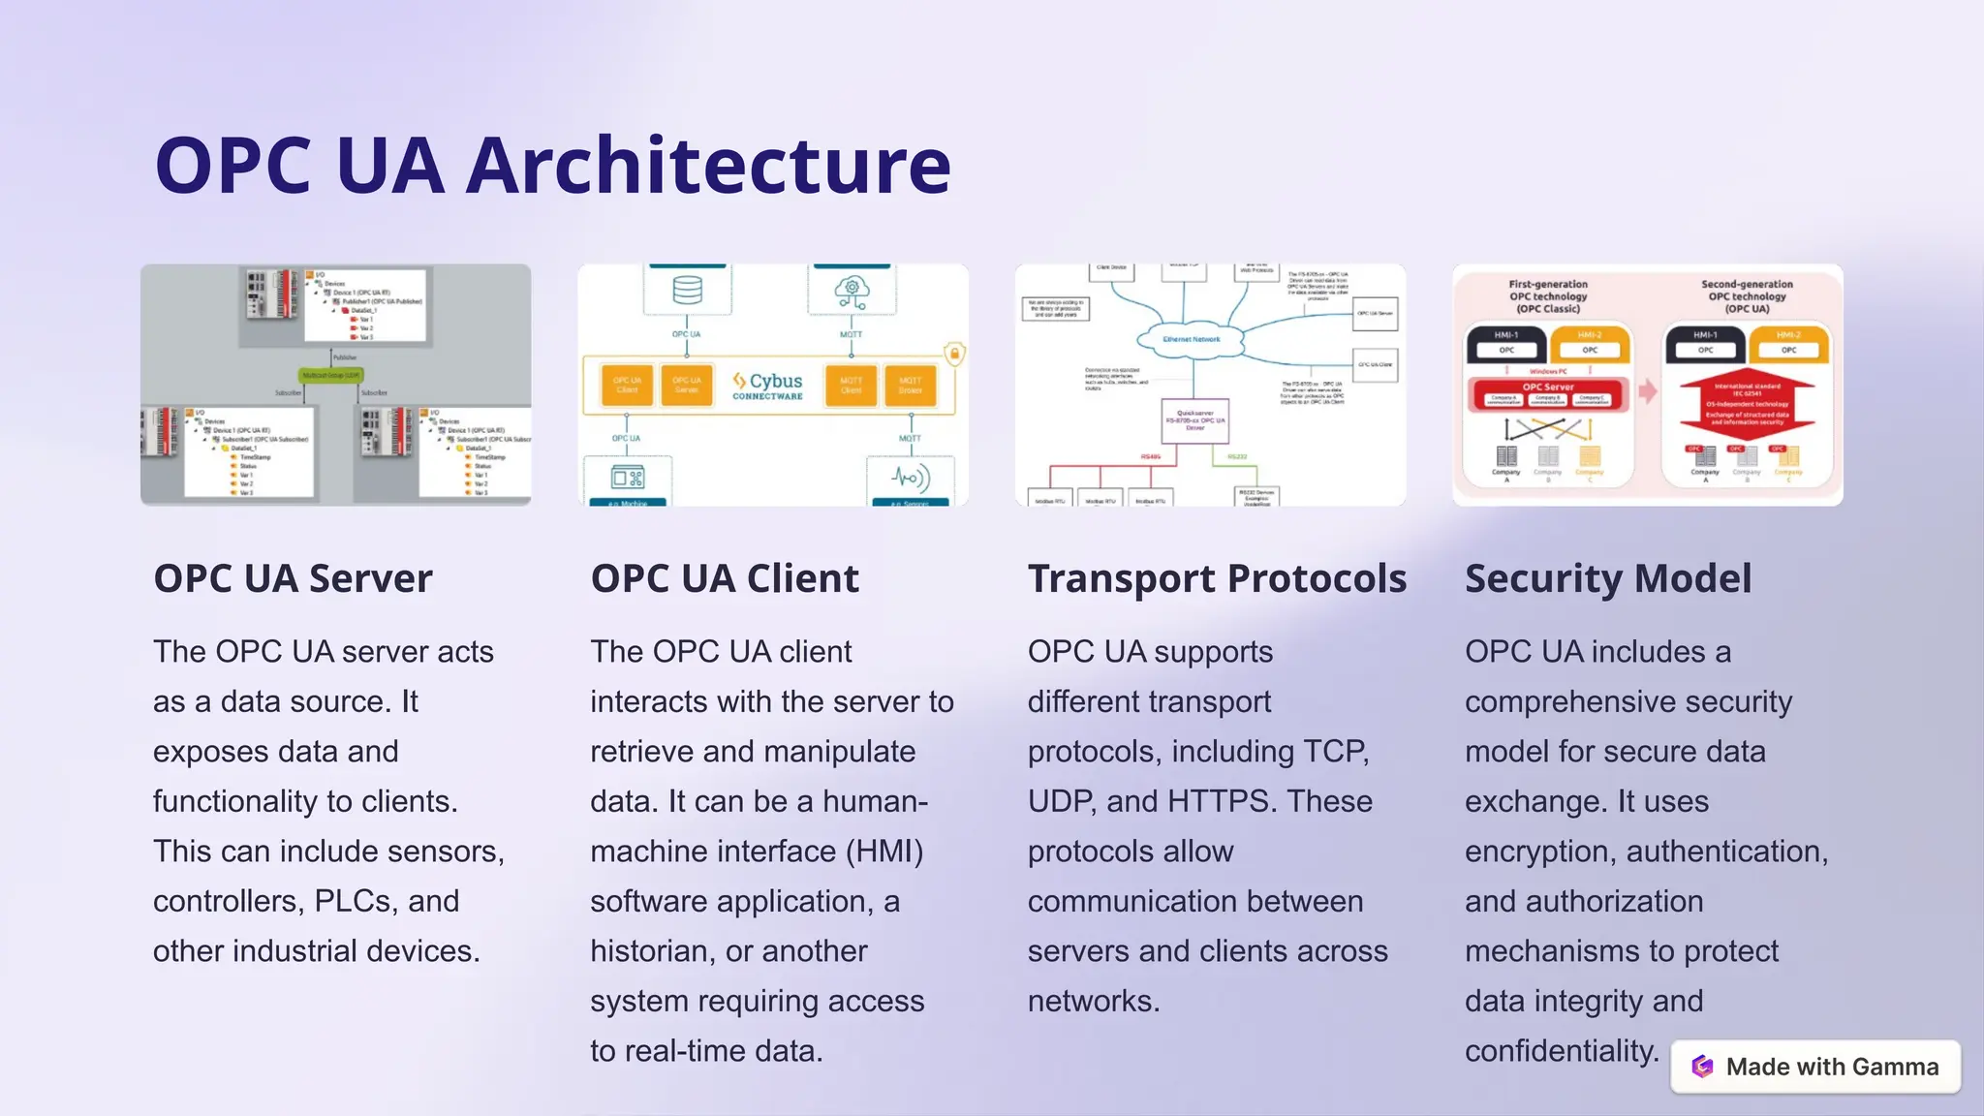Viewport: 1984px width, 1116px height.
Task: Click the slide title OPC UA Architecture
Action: (552, 166)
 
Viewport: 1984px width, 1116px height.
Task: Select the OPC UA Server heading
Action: (293, 579)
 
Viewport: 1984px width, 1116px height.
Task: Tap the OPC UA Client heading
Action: (725, 579)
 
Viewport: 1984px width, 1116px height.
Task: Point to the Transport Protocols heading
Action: (1217, 579)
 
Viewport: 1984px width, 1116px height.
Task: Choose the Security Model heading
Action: (1608, 579)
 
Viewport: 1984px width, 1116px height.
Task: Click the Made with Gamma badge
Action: (1815, 1067)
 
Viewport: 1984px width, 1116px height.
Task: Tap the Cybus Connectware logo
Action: (768, 386)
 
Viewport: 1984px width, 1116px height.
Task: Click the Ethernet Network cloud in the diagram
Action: (1192, 339)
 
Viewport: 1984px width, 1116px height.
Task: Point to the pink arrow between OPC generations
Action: (1648, 391)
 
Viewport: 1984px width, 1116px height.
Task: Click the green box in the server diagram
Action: (332, 375)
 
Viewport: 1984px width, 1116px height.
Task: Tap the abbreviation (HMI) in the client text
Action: (884, 852)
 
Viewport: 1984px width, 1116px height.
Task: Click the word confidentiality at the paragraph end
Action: (1562, 1051)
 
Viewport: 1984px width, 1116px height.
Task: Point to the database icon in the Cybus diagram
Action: (687, 290)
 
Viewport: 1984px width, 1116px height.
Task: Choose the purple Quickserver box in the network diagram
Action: (1195, 420)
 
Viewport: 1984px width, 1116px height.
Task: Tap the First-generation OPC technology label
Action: (1548, 296)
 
